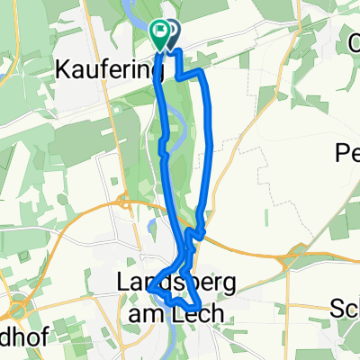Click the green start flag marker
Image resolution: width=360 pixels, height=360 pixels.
tap(159, 35)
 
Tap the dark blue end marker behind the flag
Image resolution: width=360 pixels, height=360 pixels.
tap(169, 33)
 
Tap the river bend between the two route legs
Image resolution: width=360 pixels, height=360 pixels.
tap(184, 117)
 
